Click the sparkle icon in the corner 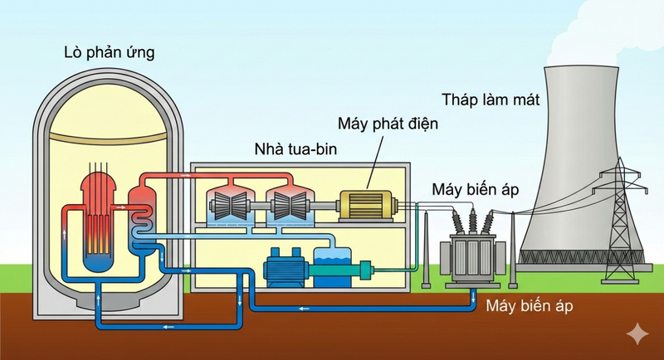(x=638, y=333)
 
